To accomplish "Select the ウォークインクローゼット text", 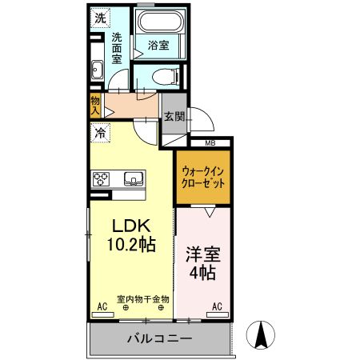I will point(203,176).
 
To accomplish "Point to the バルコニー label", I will point(159,339).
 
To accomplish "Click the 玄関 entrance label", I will point(174,116).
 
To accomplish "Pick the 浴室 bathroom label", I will point(158,46).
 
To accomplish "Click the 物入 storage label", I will point(95,104).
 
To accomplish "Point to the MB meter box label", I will point(210,143).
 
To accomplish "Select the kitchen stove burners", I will point(102,178).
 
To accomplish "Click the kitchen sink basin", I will point(132,178).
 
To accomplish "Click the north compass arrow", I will point(261,334).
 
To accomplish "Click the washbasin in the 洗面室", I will point(97,70).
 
